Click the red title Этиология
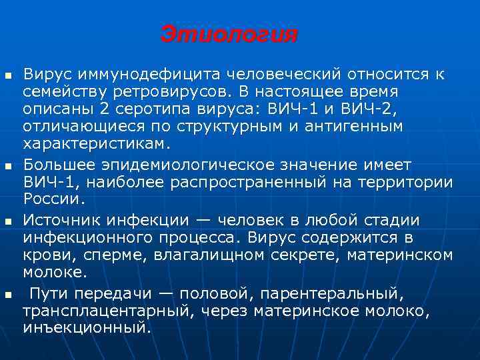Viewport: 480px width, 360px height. (229, 35)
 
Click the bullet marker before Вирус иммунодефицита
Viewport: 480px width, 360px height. (8, 73)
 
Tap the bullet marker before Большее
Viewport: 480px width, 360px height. (8, 164)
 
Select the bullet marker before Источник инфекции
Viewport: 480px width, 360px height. (8, 219)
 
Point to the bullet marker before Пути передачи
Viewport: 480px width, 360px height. (8, 293)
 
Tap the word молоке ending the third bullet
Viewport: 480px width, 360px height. (54, 273)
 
